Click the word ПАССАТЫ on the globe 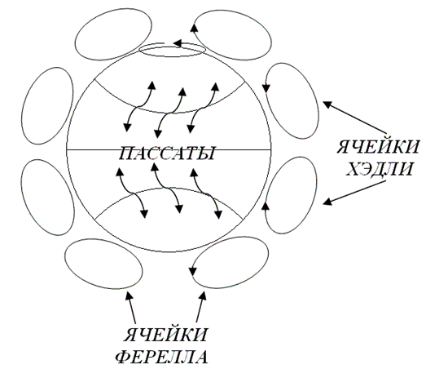click(167, 153)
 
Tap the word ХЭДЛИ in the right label click(380, 169)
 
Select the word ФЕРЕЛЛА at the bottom click(162, 357)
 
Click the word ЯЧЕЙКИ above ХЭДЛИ click(378, 147)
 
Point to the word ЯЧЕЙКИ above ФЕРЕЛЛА click(165, 335)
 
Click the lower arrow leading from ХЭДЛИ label click(354, 193)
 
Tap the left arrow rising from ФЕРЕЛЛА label click(131, 307)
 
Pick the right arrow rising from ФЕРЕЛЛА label click(201, 307)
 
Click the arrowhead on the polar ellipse click(177, 43)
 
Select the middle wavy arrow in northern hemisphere click(169, 113)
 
